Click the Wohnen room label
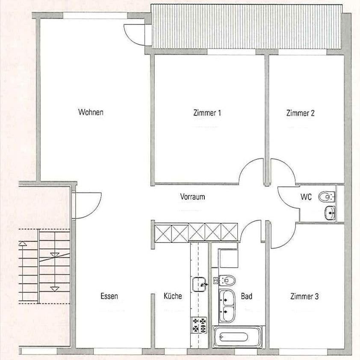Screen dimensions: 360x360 coord(91,112)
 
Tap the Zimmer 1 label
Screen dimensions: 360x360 coord(207,113)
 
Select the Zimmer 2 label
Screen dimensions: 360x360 coord(300,113)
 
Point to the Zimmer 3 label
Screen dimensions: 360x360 coord(304,296)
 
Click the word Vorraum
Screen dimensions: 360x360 coord(192,197)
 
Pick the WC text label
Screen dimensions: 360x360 coord(306,197)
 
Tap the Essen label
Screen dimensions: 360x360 coord(109,296)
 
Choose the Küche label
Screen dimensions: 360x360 coord(173,296)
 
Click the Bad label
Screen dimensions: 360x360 coord(246,296)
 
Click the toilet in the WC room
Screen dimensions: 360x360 coord(328,197)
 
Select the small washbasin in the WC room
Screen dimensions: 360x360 coord(330,211)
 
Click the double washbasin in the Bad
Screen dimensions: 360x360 coord(227,305)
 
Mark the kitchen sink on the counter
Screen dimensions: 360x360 coord(199,283)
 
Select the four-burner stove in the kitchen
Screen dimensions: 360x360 coord(199,325)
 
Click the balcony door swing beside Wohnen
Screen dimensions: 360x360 coord(134,34)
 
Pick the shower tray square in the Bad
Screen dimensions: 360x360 coord(228,258)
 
